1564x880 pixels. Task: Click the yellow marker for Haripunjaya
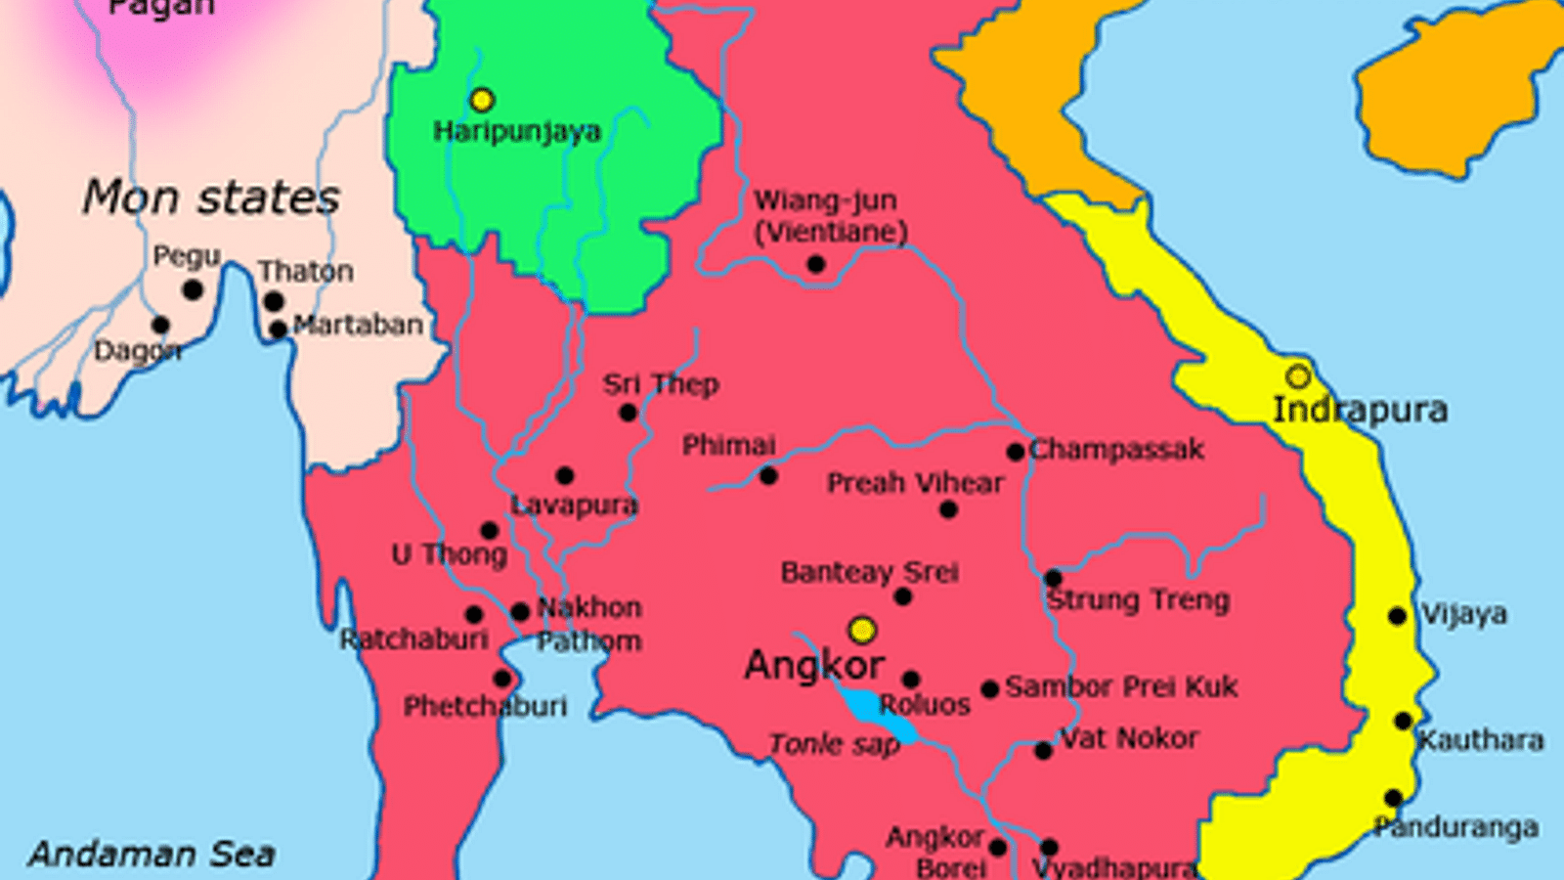coord(482,100)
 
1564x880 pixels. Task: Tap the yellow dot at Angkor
coord(861,630)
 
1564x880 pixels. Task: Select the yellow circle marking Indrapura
coord(1297,376)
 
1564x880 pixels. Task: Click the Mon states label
coord(210,198)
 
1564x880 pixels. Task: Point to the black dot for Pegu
coord(193,290)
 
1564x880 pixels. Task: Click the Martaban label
coord(358,325)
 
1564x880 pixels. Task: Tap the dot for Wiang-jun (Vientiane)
coord(816,264)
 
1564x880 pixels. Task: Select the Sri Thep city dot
coord(629,413)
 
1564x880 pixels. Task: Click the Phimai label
coord(728,445)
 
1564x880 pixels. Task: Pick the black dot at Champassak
coord(1015,452)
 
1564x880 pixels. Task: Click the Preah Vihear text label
coord(915,483)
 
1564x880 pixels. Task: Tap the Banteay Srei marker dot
coord(902,596)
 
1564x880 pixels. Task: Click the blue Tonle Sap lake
coord(875,712)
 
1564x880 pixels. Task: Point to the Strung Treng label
coord(1138,599)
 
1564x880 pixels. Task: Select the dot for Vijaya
coord(1398,616)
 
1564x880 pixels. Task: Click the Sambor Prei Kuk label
coord(1121,686)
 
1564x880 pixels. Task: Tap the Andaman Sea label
coord(152,854)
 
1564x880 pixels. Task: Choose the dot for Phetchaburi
coord(502,679)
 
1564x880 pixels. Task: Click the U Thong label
coord(450,554)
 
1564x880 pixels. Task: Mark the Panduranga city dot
coord(1394,798)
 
